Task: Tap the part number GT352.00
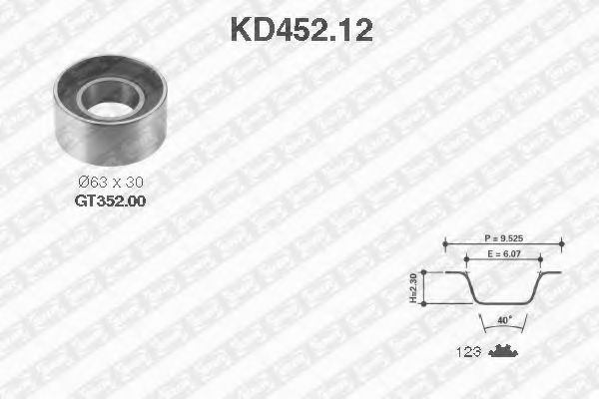(111, 199)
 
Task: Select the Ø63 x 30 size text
(110, 183)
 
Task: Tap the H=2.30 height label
(413, 289)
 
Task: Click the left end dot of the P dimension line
(446, 242)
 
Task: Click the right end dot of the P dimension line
(562, 242)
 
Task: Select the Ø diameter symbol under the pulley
(83, 183)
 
